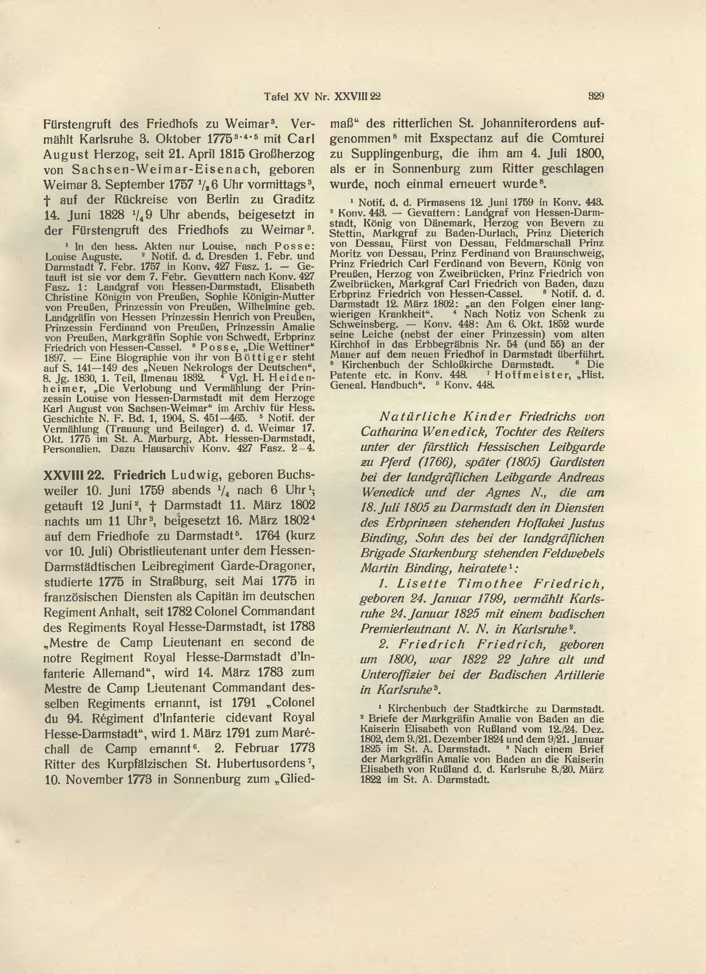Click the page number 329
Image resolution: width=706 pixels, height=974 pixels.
tap(596, 97)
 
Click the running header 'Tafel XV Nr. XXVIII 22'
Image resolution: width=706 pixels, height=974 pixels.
tap(322, 97)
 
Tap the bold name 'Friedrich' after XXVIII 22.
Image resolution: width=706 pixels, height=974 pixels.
tap(140, 476)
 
